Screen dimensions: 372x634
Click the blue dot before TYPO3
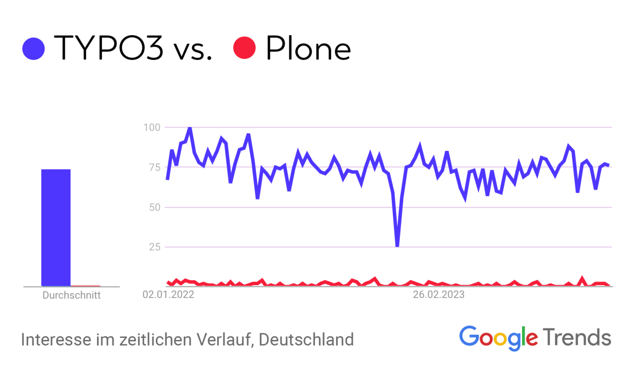tap(34, 48)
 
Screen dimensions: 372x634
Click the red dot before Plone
tap(244, 48)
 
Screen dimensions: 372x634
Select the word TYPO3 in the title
tap(108, 48)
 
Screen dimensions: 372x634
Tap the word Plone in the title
tap(308, 48)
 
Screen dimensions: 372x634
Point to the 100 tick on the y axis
tap(151, 128)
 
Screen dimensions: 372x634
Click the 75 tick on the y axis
tap(153, 167)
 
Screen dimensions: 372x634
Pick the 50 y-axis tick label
tap(153, 207)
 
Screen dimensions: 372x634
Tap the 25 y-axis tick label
tap(153, 247)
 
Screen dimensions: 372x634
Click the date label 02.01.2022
tap(168, 295)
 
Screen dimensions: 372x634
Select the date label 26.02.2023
tap(439, 295)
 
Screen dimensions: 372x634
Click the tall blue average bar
tap(55, 228)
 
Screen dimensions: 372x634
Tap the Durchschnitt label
tap(71, 296)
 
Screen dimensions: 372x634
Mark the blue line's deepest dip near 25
tap(397, 245)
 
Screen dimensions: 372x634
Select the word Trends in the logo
tap(577, 337)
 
